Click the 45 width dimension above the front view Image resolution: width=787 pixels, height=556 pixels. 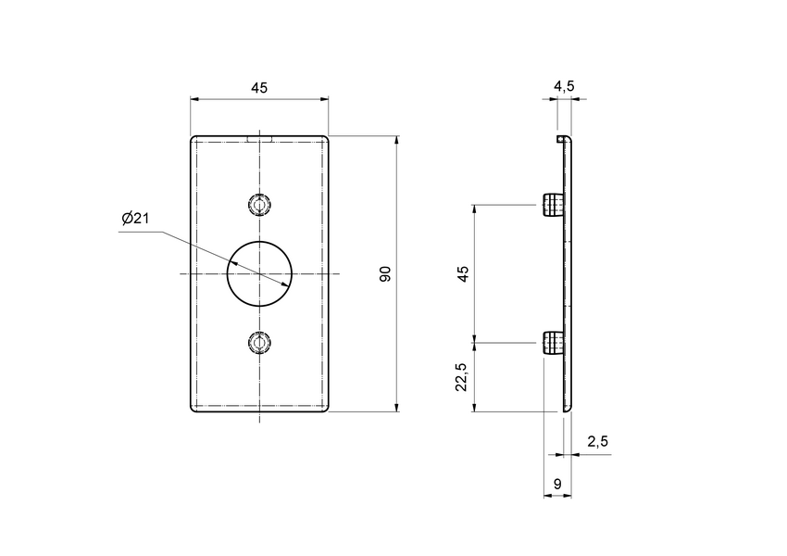pos(259,88)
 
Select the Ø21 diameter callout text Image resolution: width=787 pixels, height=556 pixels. pos(135,219)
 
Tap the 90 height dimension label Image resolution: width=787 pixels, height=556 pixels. pos(385,273)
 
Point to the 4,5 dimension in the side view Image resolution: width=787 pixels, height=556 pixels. pos(564,86)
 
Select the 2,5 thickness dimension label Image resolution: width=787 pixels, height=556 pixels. pos(597,442)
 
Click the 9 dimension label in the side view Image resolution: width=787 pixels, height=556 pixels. pos(556,483)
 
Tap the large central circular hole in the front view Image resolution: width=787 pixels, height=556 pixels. pos(260,273)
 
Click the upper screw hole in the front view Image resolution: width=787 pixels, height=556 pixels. pos(260,204)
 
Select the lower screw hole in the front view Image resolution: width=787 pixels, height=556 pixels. pos(260,344)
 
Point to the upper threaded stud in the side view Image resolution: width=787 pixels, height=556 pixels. pos(552,205)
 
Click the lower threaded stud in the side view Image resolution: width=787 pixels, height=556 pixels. pos(552,344)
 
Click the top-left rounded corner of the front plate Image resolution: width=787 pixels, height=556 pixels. pos(194,139)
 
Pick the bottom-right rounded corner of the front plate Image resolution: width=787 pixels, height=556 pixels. pos(326,409)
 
